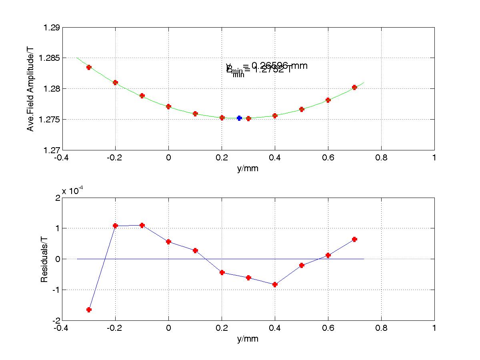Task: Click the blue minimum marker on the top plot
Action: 239,118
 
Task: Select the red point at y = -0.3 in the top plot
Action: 89,67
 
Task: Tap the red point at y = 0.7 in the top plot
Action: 354,87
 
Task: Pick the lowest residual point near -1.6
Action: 89,310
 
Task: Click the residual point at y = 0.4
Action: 275,284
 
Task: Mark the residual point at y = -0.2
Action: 115,226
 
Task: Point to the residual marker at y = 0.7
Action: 354,239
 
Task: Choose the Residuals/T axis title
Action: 44,259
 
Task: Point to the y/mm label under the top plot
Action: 248,168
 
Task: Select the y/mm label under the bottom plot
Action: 248,339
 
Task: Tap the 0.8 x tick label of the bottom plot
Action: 381,328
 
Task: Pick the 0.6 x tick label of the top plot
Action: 328,158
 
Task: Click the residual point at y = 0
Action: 168,242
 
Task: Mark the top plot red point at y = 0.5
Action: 302,109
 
